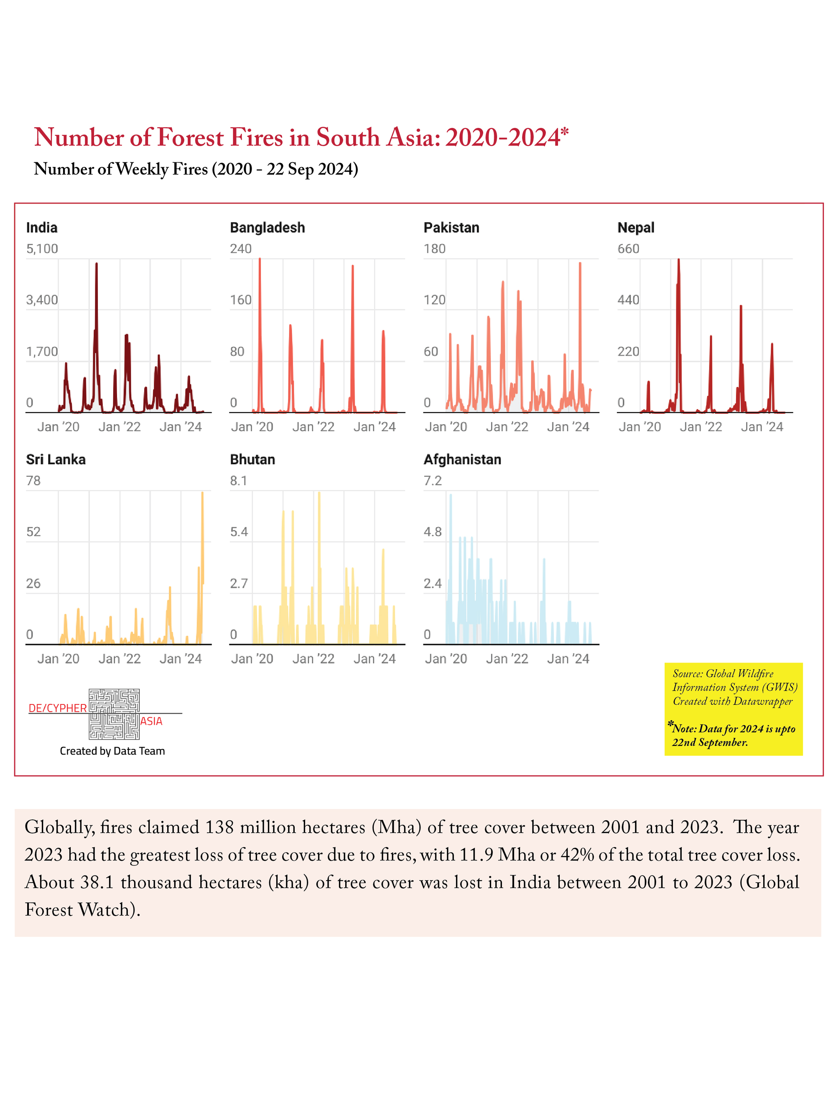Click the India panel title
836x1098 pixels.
42,228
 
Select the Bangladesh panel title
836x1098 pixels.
267,228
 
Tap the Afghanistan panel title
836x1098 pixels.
462,459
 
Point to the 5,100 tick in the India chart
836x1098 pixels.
42,248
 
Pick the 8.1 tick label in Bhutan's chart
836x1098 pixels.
238,481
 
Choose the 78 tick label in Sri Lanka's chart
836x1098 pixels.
33,481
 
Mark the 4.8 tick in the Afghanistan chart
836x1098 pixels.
433,532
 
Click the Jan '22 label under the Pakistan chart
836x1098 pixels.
507,427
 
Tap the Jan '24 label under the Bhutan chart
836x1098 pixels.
375,659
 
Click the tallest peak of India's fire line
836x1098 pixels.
97,264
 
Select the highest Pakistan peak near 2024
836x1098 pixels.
580,263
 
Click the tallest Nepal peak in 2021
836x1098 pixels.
679,259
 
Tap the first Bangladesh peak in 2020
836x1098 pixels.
260,259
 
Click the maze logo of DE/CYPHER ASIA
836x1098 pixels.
114,714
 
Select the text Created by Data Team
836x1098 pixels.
112,751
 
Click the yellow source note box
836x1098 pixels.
734,709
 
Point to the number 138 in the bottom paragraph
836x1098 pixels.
219,827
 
